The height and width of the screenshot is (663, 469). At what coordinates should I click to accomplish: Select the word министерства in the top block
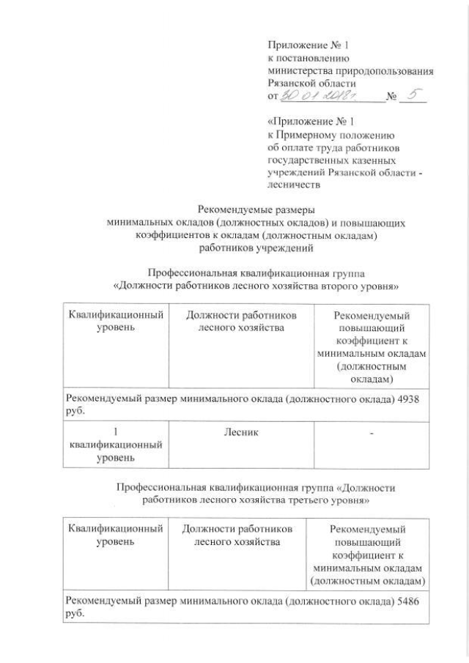pos(296,71)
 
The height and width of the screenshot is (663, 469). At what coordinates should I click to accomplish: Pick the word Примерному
pos(309,136)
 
